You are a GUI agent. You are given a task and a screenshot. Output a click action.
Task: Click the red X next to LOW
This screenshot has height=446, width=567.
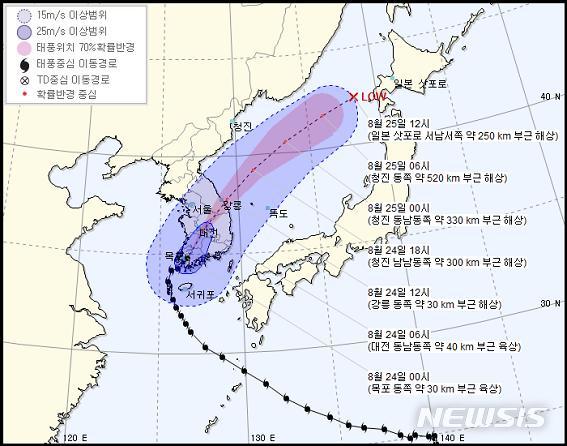coord(354,97)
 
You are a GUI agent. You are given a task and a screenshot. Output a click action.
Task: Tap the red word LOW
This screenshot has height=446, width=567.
coord(374,97)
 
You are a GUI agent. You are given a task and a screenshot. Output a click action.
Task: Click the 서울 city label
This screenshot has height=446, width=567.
coord(200,209)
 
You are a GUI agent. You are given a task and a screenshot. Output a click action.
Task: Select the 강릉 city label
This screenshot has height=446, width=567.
coord(231,206)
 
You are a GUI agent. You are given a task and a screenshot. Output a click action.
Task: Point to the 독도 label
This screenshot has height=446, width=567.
coord(278,213)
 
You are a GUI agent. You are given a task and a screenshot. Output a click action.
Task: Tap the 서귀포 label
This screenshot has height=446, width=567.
coord(200,295)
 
